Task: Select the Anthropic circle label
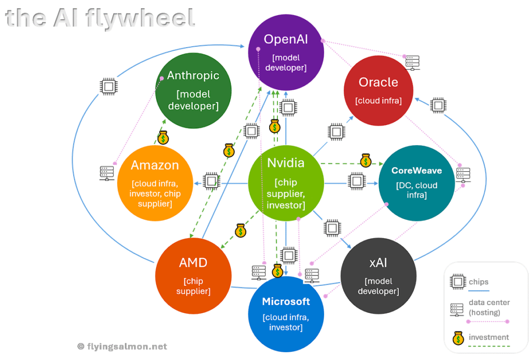click(x=193, y=76)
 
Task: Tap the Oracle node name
click(x=378, y=82)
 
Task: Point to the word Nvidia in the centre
click(x=286, y=162)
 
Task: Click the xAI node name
click(x=378, y=262)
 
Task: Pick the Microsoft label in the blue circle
click(x=286, y=301)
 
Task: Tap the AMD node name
click(x=193, y=262)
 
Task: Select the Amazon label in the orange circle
click(x=155, y=165)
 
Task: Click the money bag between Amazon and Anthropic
click(x=163, y=137)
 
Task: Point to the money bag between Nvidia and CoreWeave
click(x=366, y=160)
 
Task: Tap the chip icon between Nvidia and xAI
click(x=331, y=227)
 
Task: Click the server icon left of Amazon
click(x=107, y=173)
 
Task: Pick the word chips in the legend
click(x=479, y=282)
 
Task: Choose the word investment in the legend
click(x=488, y=337)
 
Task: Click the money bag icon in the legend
click(x=458, y=338)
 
